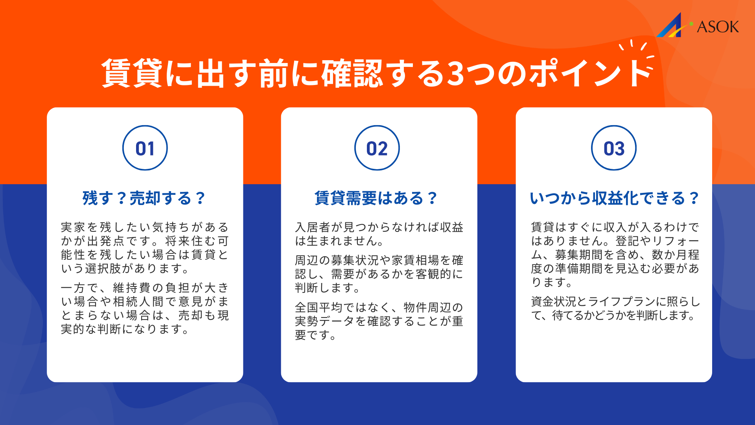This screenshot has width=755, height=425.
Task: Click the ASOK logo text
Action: pos(718,27)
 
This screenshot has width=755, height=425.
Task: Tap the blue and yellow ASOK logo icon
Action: pos(671,26)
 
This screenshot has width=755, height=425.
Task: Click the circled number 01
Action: pos(145,148)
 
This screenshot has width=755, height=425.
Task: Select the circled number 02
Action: pos(377,148)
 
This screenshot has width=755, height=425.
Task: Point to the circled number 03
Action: pos(614,148)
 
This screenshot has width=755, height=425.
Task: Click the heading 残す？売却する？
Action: pos(144,198)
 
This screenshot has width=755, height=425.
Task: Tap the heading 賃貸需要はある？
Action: pos(376,198)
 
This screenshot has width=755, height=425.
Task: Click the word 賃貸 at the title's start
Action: pos(132,74)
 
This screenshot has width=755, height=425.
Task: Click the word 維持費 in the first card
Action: pos(133,288)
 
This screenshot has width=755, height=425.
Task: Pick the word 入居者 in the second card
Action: pos(313,227)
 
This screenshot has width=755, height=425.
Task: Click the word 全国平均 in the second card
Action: pos(319,307)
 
